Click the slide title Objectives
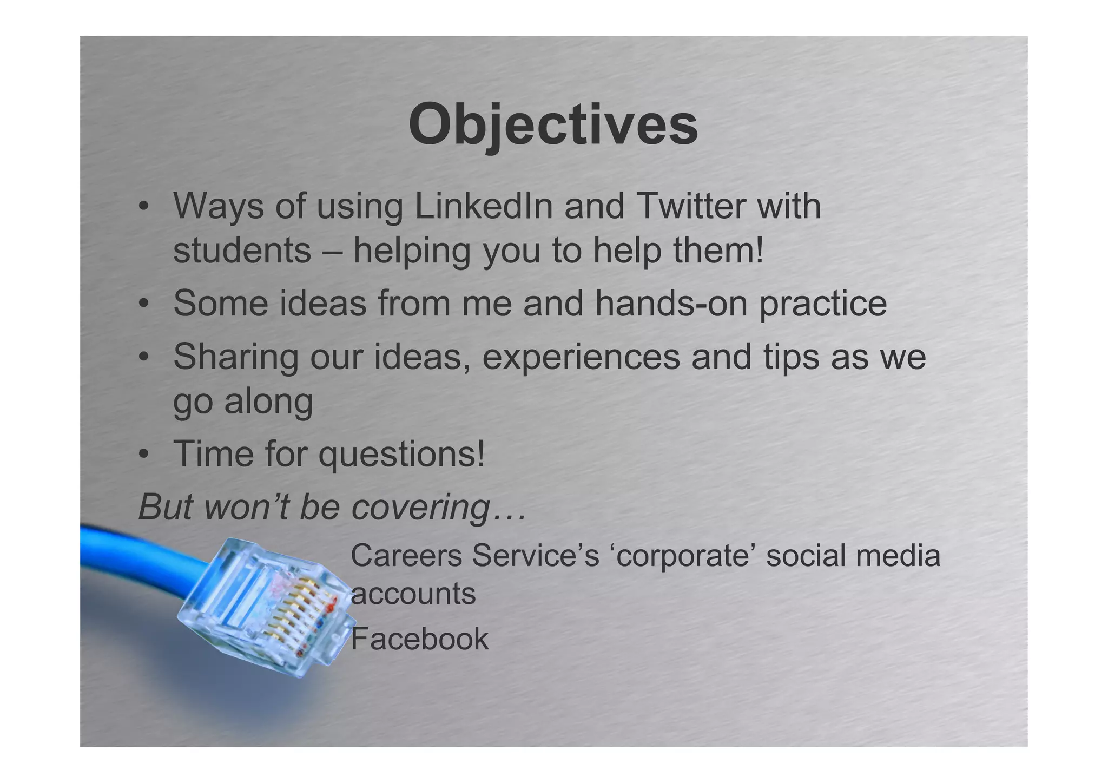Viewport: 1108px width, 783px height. (x=553, y=126)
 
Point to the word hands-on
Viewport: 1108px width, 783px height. (x=671, y=304)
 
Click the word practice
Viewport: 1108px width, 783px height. (x=823, y=305)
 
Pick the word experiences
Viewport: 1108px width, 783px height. (x=581, y=358)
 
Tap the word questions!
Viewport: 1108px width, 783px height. (x=401, y=455)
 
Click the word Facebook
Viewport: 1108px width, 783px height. (x=419, y=639)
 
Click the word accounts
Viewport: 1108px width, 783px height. (x=413, y=594)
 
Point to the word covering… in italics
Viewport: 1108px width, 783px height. (x=439, y=508)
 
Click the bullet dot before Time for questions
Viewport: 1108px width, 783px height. (x=143, y=456)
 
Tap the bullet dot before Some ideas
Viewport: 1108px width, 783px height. (x=143, y=305)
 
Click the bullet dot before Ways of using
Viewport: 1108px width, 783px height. (x=143, y=208)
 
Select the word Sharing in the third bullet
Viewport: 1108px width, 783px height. (x=235, y=358)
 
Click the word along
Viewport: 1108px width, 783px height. (x=268, y=402)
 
